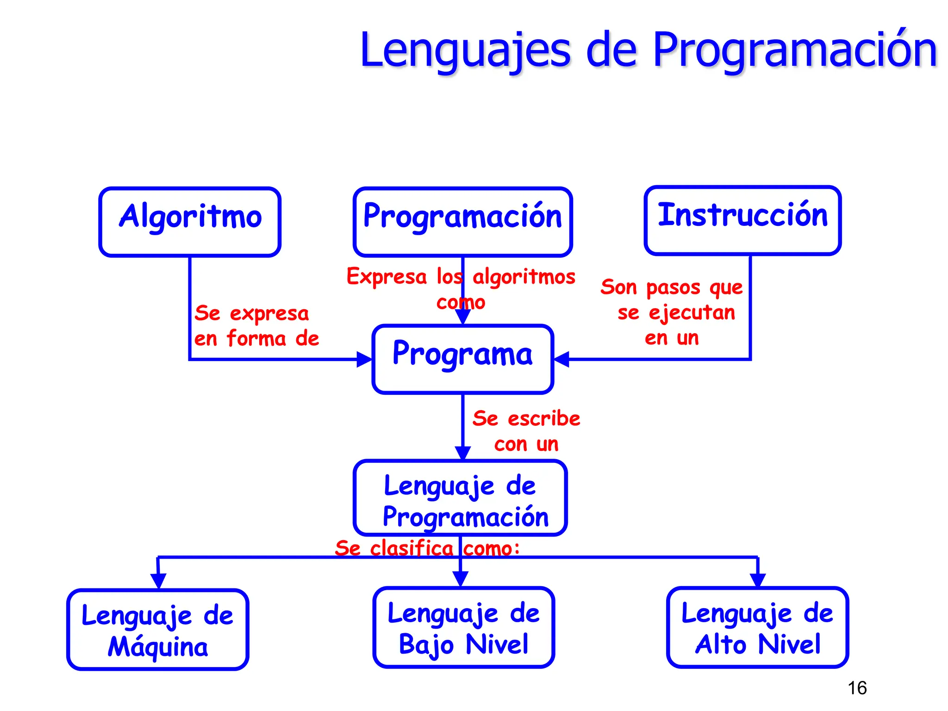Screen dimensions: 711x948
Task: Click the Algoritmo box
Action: coord(190,222)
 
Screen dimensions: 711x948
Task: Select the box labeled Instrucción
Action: coord(742,221)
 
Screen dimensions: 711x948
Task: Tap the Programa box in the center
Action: coord(463,359)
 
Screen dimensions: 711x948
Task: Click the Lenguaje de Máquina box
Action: coord(158,630)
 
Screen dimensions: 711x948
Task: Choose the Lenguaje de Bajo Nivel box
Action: coord(463,627)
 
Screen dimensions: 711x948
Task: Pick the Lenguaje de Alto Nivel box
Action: coord(757,627)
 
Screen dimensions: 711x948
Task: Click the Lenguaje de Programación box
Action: coord(461,498)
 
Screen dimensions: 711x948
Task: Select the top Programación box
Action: coord(463,222)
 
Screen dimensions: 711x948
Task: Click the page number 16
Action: coord(857,688)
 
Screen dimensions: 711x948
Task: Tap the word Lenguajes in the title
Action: coord(465,50)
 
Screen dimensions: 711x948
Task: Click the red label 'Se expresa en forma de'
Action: coord(256,325)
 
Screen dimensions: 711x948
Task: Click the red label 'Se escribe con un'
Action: coord(526,431)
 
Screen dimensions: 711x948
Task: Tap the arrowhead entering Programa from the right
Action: coord(561,359)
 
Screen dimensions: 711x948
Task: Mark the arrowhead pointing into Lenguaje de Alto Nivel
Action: coord(758,580)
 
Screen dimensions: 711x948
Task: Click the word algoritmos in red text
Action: coord(524,277)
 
